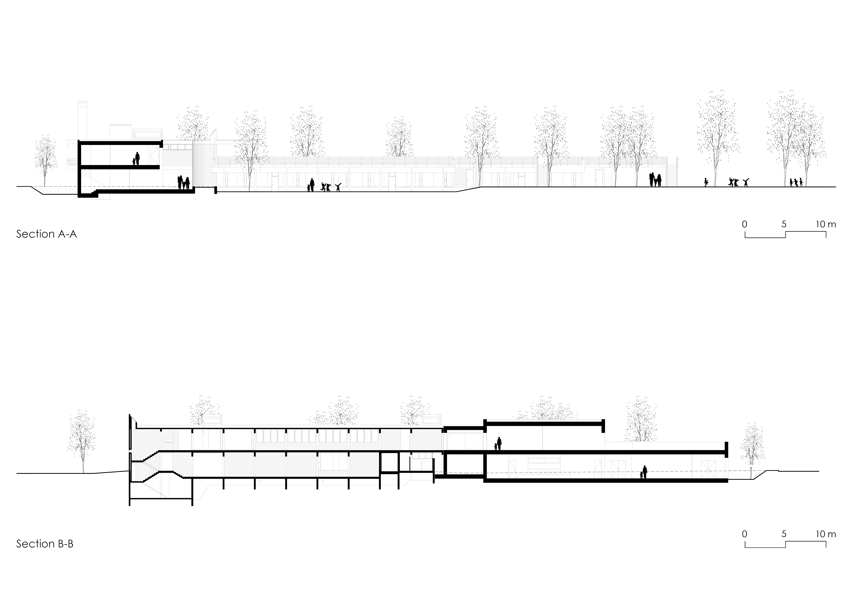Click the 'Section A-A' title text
click(x=46, y=234)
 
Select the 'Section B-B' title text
click(x=45, y=544)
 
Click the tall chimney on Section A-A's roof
click(x=82, y=121)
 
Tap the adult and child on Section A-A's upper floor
click(x=136, y=159)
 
